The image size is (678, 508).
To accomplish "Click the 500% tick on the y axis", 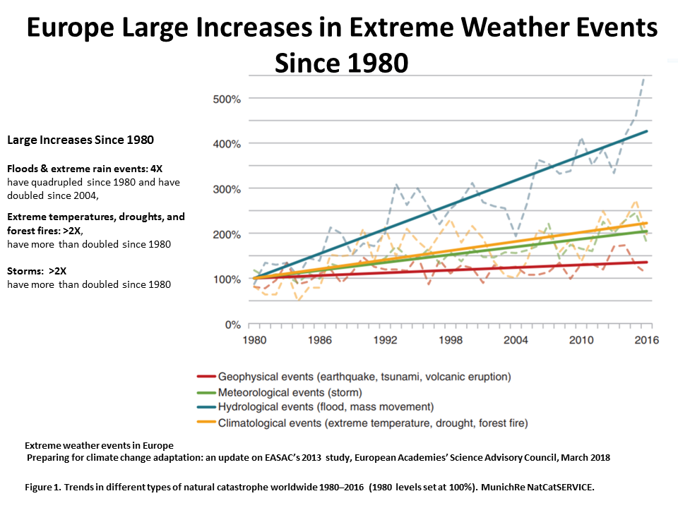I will click(227, 99).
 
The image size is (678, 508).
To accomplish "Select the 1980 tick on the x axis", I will click(254, 339).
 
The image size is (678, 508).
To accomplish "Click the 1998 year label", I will click(451, 339).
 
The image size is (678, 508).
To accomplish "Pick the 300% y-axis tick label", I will click(227, 189).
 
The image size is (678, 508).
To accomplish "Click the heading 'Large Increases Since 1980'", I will click(80, 140).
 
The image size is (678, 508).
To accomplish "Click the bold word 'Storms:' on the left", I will click(25, 270).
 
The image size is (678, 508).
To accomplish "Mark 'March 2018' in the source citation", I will click(583, 457).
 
